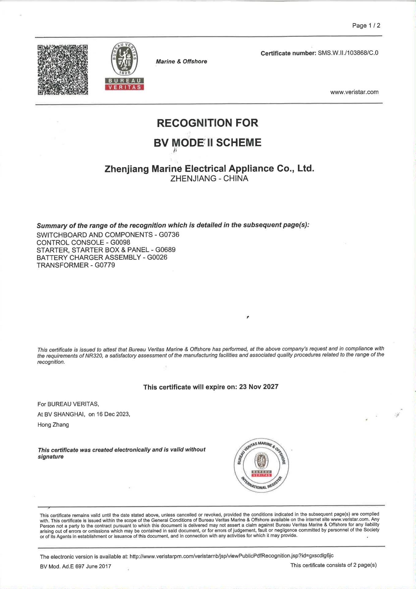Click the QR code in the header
coord(63,70)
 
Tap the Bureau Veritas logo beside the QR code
coord(124,66)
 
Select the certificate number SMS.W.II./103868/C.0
coord(348,53)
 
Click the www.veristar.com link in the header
coord(354,92)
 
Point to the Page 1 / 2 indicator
coord(366,25)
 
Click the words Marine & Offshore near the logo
coord(181,61)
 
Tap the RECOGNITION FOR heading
coord(207,123)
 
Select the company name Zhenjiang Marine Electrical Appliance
coord(209,168)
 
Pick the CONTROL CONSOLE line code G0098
coord(120,242)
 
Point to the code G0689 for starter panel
coord(165,250)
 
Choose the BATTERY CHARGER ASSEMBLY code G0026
coord(157,257)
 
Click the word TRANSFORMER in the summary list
coord(62,265)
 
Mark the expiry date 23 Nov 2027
coord(259,387)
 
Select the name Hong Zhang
coord(53,425)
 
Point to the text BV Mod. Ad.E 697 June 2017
coord(75,566)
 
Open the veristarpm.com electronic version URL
coord(231,556)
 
